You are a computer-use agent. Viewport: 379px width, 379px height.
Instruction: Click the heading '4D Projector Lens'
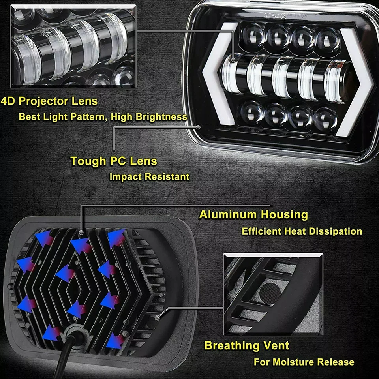[49, 101]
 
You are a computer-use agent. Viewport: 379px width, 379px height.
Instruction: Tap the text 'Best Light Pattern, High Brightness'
[103, 117]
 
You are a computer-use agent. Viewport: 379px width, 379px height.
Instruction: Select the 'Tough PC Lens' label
[114, 161]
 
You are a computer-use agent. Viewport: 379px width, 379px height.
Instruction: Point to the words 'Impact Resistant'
[149, 176]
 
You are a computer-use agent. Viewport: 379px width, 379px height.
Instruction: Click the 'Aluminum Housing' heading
[253, 215]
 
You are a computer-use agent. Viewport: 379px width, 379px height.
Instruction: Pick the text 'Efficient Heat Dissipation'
[302, 231]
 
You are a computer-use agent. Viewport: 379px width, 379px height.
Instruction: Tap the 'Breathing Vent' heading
[247, 346]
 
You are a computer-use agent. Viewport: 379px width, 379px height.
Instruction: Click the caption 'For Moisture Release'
[304, 362]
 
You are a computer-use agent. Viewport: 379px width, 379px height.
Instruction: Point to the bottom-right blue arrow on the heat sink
[116, 340]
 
